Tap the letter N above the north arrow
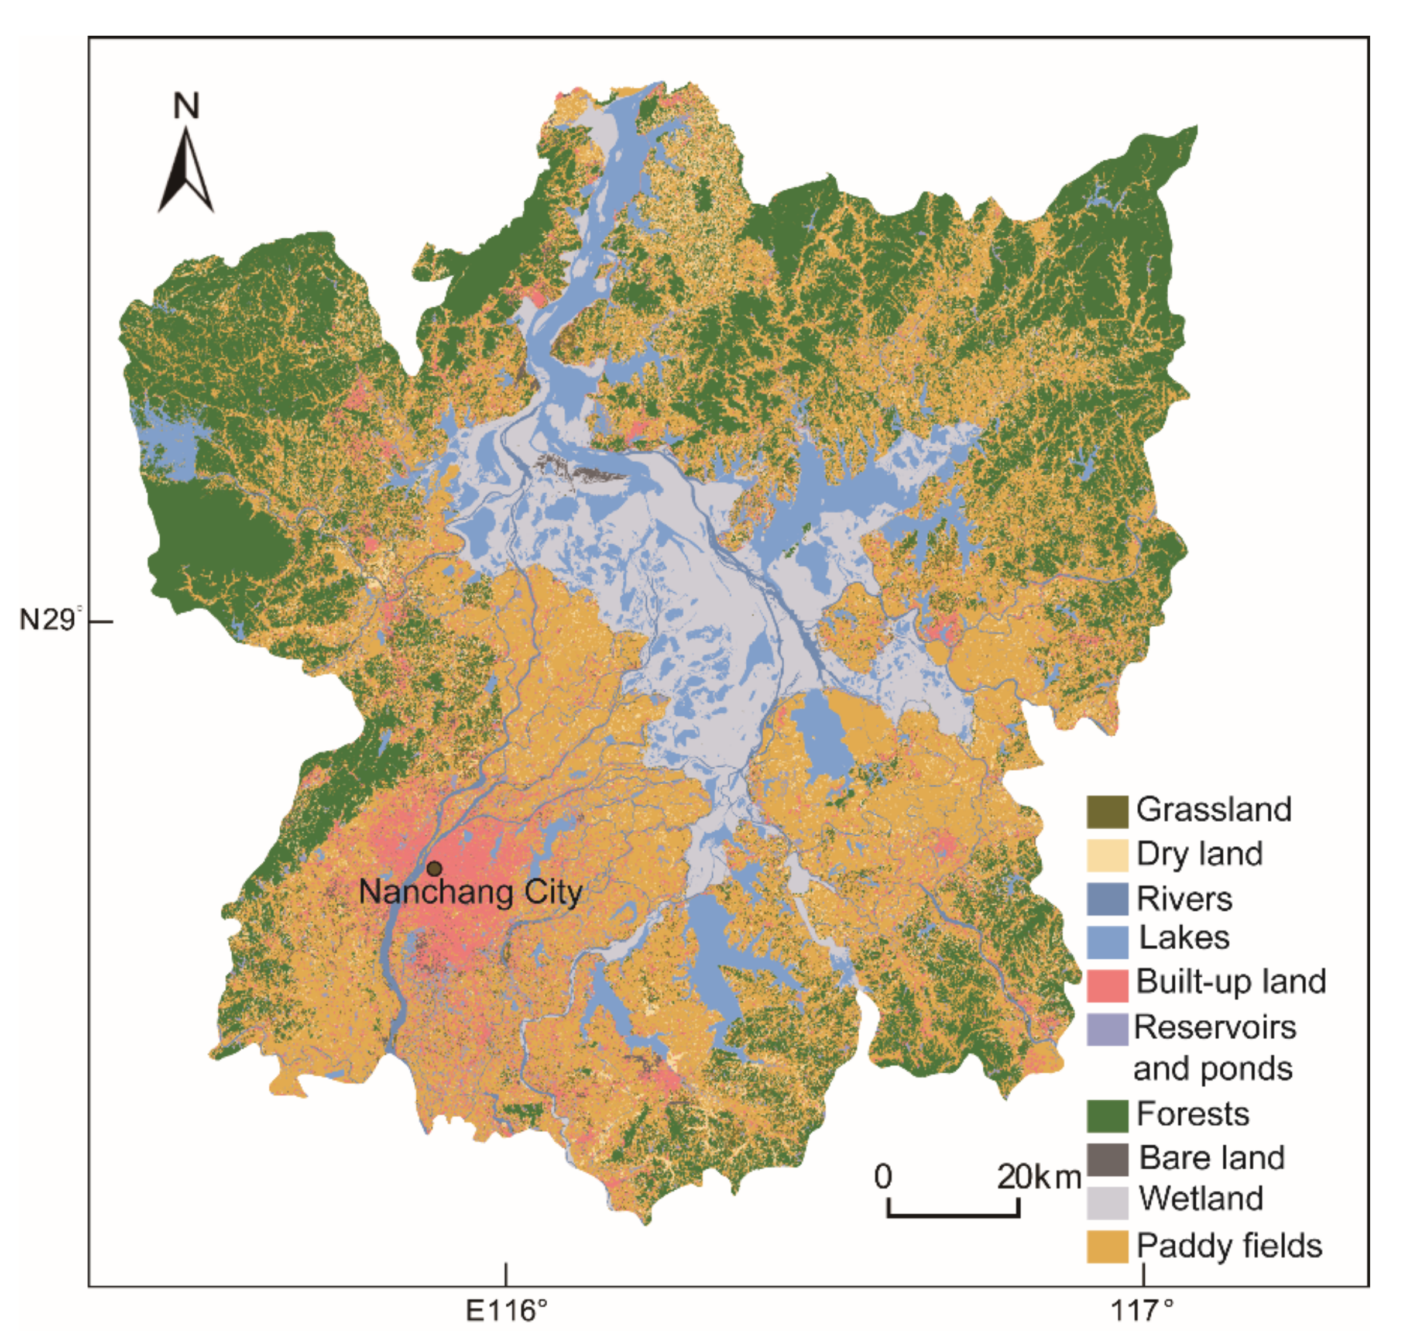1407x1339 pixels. (186, 106)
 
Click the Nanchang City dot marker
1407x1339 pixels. (434, 868)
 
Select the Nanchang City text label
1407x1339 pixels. (471, 892)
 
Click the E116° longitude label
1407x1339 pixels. (507, 1310)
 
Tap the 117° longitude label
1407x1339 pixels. (1142, 1310)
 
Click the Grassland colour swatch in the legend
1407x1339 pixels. (1107, 811)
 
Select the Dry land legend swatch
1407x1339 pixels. (1107, 854)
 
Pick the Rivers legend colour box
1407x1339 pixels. (1107, 898)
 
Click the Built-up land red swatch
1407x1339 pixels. (1107, 985)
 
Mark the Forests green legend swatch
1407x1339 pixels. (1107, 1115)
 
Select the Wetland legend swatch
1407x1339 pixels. (1107, 1203)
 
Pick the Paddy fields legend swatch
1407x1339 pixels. (1107, 1246)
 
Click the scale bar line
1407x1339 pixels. (953, 1214)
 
